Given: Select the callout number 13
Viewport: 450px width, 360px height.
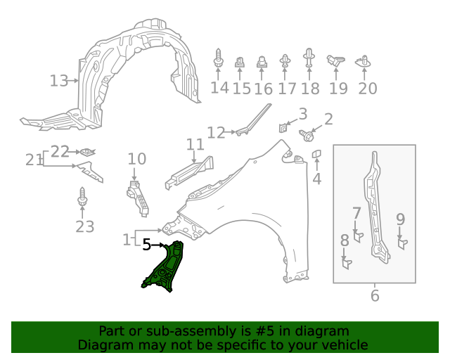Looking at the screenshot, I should [x=59, y=81].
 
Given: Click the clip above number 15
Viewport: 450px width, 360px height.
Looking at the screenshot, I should [x=240, y=63].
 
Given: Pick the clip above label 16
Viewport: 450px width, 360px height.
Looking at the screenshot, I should [x=262, y=63].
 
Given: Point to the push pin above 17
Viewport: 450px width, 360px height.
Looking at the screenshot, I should [x=285, y=62].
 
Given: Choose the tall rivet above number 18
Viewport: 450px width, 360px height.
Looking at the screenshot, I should [x=309, y=58].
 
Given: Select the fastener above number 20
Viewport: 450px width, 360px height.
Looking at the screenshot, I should [x=364, y=63].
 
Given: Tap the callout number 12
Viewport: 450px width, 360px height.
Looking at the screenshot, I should [x=216, y=132].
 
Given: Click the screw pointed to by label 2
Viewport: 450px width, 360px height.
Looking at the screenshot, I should [x=307, y=134].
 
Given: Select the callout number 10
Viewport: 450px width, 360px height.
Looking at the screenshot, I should [x=136, y=159].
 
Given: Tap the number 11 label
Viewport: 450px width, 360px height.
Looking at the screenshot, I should [x=195, y=145].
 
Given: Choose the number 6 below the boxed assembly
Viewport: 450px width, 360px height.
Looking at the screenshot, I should [x=374, y=296].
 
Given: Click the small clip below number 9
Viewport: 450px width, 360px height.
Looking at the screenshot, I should [x=403, y=243].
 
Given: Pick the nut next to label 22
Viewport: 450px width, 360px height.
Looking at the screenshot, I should [x=86, y=151].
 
